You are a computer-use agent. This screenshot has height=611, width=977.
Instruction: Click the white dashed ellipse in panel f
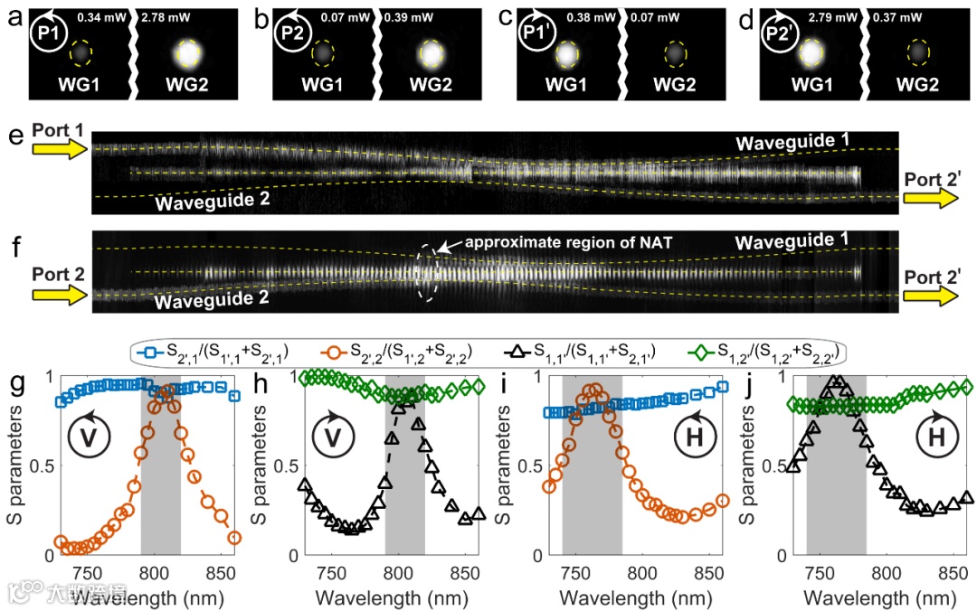[x=426, y=271]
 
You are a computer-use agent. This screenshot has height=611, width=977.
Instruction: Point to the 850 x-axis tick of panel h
[x=465, y=571]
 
